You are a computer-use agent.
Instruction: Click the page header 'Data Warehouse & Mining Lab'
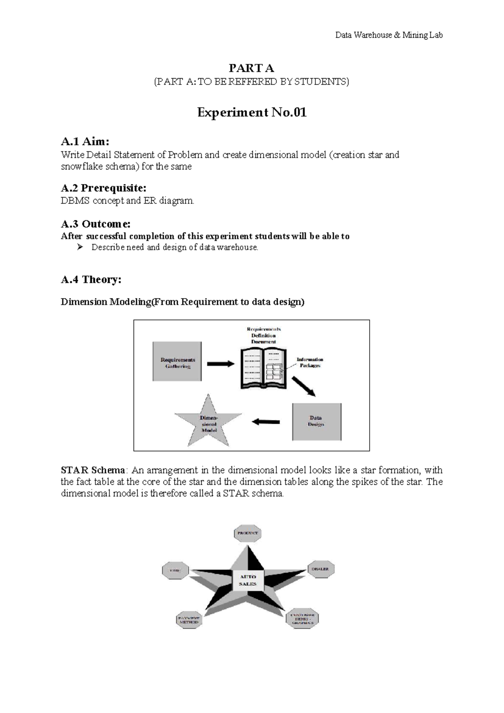coord(388,35)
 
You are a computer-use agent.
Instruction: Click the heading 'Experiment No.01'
coord(252,112)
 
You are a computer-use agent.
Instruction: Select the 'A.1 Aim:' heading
coord(85,141)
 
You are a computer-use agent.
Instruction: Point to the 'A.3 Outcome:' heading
coord(95,224)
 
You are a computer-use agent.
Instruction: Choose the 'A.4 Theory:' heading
coord(91,280)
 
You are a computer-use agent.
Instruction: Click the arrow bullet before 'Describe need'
coord(80,247)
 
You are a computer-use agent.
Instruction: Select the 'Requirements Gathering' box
coord(177,362)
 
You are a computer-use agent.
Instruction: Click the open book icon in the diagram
coord(263,368)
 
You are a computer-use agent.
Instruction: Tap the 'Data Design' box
coord(317,421)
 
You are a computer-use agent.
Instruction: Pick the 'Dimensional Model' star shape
coord(208,423)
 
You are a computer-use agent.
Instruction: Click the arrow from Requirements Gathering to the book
coord(220,364)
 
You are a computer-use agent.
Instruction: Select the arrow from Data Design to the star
coord(266,422)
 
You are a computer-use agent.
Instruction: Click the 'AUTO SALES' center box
coord(248,580)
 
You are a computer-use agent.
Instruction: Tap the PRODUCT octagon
coord(248,533)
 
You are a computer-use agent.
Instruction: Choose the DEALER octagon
coord(320,569)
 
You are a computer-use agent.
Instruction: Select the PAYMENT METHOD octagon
coord(189,620)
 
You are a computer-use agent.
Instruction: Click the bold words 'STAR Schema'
coord(93,470)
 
